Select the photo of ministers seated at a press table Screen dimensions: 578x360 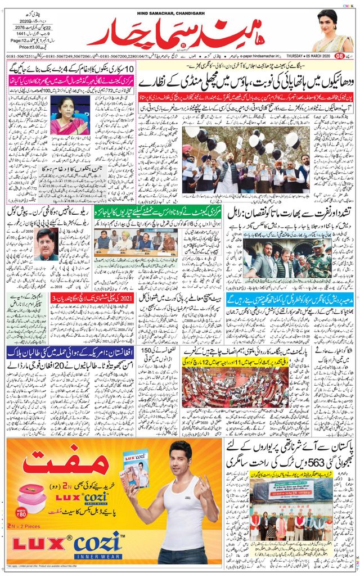[134, 242]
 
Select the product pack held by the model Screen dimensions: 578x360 [136, 468]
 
